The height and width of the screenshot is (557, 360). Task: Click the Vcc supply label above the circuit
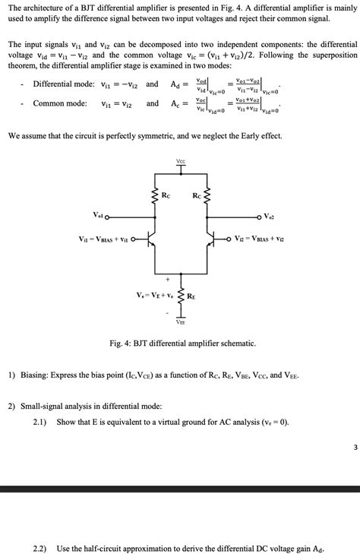180,161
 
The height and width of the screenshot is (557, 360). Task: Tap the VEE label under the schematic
181,321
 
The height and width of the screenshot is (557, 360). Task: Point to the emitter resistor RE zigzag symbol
181,298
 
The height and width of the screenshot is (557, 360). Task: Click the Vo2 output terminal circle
257,215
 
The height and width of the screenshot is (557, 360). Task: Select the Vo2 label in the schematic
270,216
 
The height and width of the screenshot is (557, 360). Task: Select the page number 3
354,448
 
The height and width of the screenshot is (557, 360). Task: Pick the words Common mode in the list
59,103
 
